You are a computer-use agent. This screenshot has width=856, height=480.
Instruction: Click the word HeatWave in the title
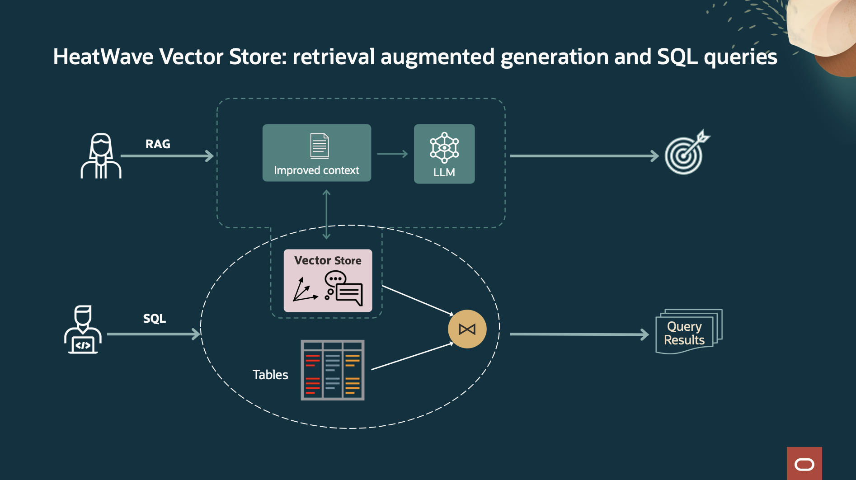click(103, 57)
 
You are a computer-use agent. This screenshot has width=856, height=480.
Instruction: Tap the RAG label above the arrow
click(158, 144)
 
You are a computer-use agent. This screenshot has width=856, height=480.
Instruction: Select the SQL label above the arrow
click(154, 319)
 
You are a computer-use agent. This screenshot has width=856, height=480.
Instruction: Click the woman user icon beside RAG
click(101, 156)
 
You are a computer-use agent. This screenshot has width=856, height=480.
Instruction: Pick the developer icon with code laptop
click(83, 329)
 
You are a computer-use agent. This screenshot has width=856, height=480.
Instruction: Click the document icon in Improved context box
click(320, 146)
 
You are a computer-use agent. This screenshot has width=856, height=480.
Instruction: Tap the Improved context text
click(316, 170)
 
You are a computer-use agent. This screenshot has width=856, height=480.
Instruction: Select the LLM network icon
click(444, 147)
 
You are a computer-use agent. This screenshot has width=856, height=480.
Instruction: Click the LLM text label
click(444, 173)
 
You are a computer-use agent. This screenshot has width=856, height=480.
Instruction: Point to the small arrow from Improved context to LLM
click(392, 154)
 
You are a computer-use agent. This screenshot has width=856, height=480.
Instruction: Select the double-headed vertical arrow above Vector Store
click(326, 215)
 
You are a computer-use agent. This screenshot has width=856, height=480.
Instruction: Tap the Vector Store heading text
click(328, 261)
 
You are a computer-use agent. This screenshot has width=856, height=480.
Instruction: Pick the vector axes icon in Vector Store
click(304, 290)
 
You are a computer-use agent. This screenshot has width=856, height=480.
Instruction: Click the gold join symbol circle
click(467, 329)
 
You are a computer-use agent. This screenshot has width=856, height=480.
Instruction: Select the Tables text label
click(270, 375)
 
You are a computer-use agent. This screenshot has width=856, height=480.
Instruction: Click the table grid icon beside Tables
click(333, 370)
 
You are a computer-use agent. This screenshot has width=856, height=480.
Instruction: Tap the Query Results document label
click(684, 333)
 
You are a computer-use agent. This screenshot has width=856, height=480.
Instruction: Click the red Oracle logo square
click(804, 464)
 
